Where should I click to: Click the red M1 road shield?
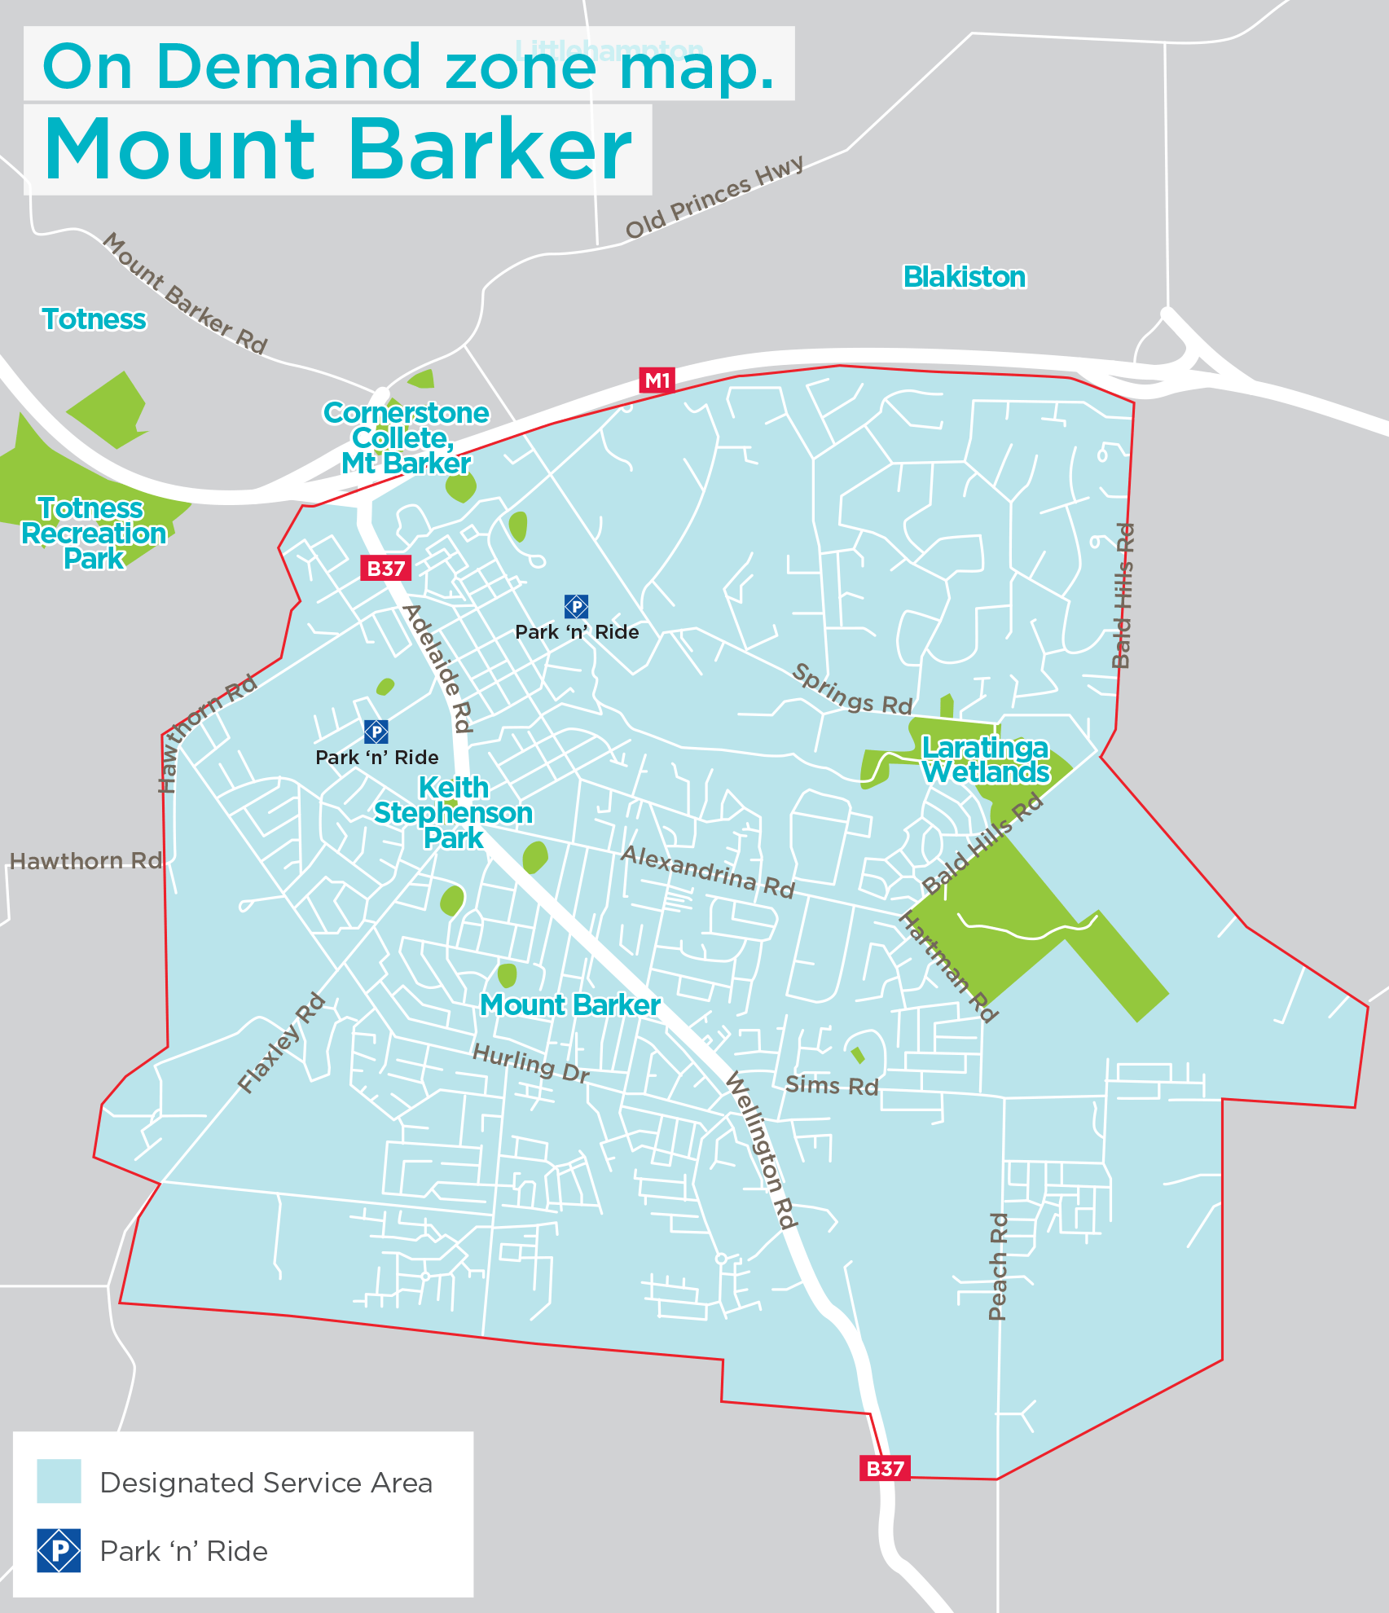[657, 380]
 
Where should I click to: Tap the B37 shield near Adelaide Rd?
[385, 569]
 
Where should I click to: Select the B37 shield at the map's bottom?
[885, 1469]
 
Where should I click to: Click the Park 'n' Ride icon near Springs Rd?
[576, 606]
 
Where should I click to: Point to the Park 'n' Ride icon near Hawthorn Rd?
[376, 732]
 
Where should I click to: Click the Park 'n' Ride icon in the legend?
[59, 1550]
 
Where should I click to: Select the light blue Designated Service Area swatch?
[59, 1481]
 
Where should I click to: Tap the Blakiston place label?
[965, 277]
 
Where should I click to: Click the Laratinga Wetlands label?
[986, 759]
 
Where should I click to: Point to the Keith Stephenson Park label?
[453, 813]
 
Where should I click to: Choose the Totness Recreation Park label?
[94, 534]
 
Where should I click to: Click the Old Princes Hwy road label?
[714, 197]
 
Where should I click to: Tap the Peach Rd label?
[998, 1267]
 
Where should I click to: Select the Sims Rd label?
[832, 1086]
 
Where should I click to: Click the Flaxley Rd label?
[282, 1044]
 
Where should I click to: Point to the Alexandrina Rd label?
[707, 872]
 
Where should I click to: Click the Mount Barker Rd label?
[185, 294]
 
